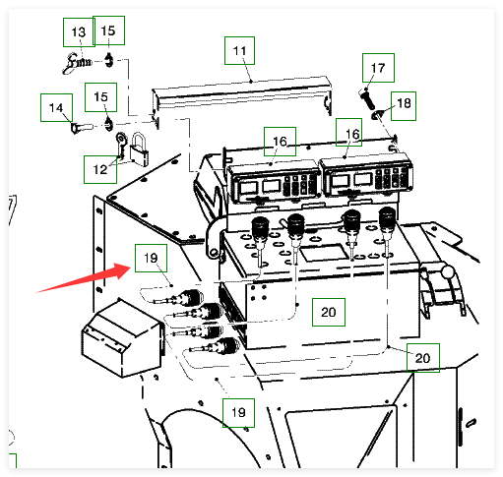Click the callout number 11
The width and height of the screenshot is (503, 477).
click(x=239, y=50)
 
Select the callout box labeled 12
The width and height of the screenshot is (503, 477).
click(x=100, y=169)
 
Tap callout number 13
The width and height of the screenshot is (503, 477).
click(x=79, y=32)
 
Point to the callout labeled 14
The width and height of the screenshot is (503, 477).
click(x=56, y=107)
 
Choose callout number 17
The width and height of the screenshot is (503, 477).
click(x=378, y=68)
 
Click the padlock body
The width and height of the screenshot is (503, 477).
click(x=140, y=156)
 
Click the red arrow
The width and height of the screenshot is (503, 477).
click(x=85, y=277)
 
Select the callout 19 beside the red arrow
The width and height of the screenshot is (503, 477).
click(x=151, y=258)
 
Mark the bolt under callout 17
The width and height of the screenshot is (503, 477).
click(x=367, y=99)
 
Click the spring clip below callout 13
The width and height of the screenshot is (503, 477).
click(x=77, y=63)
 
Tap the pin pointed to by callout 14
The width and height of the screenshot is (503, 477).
click(x=82, y=127)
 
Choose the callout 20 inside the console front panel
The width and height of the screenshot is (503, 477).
click(x=329, y=312)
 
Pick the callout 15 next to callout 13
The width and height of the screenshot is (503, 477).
click(x=108, y=30)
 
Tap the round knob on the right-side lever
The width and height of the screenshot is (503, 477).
click(x=447, y=271)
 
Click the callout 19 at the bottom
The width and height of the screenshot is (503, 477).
click(x=238, y=413)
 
